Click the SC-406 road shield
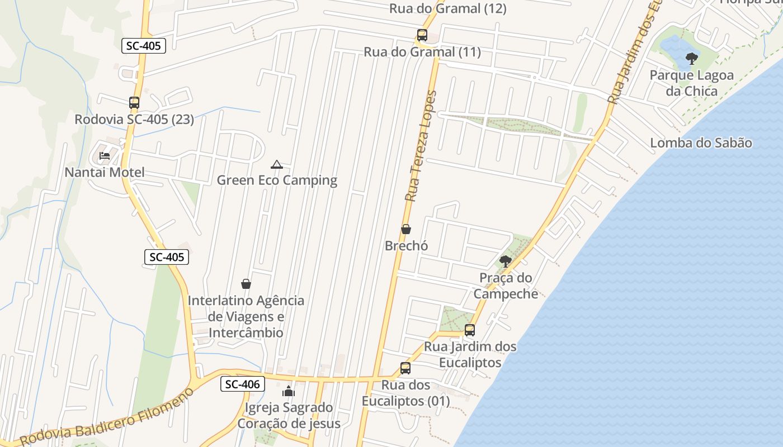click(242, 384)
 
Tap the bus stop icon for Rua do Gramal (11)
click(422, 35)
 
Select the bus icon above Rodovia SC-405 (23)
click(134, 103)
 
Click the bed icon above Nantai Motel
click(105, 156)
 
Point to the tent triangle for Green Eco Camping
click(277, 164)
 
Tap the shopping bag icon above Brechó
click(406, 229)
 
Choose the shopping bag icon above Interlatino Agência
click(246, 284)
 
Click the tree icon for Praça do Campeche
click(505, 261)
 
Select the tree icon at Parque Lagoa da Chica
click(692, 58)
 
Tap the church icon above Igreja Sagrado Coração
click(289, 391)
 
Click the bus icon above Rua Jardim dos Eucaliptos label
click(470, 330)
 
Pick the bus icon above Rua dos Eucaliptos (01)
click(405, 368)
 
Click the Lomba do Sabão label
click(701, 143)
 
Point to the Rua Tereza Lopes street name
click(421, 146)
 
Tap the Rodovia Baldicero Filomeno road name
click(106, 417)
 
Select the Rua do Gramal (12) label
click(447, 8)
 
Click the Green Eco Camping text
click(277, 180)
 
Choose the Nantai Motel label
click(105, 172)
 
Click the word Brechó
click(406, 246)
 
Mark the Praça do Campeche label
click(506, 286)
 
